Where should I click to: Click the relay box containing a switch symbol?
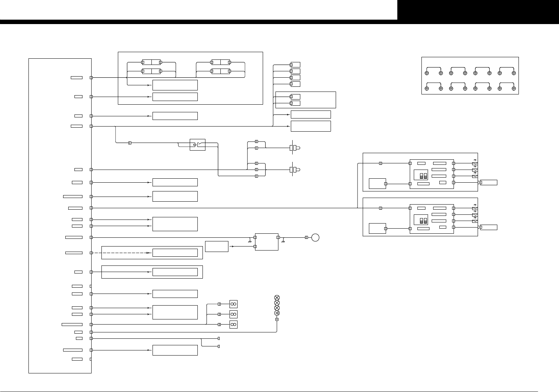tap(197, 145)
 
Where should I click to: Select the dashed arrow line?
tap(124, 253)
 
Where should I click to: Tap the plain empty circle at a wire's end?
tap(316, 238)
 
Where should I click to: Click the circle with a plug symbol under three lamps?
tap(277, 313)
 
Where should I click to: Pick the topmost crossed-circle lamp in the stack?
tap(277, 298)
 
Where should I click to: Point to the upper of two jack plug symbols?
tap(294, 148)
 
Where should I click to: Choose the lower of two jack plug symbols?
tap(294, 170)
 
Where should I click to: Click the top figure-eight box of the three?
tap(234, 304)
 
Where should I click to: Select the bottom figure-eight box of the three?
tap(234, 325)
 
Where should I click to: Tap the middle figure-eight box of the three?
tap(234, 314)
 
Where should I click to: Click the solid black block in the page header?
tap(478, 10)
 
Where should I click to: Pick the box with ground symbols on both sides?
tap(267, 242)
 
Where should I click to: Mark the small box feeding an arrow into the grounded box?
tap(217, 247)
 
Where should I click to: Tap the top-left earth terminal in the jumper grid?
tap(427, 73)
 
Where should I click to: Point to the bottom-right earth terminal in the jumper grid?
tap(514, 89)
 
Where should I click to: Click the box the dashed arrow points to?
tap(175, 253)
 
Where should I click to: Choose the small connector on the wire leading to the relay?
tap(130, 143)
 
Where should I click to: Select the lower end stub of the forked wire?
tap(219, 346)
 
